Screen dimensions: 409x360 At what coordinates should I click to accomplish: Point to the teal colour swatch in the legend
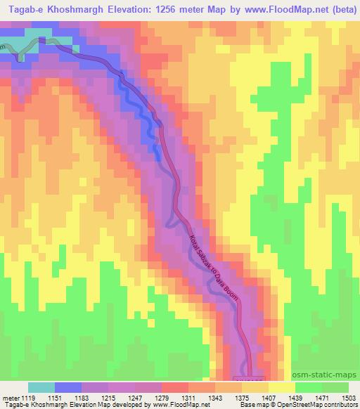(42, 387)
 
